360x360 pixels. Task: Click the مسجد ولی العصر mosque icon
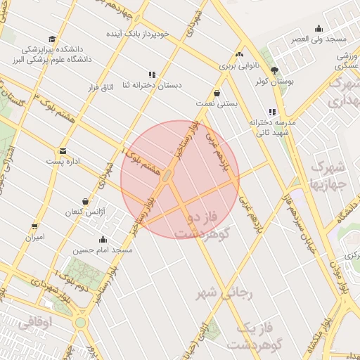(x=319, y=29)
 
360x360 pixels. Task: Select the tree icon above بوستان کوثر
(x=274, y=70)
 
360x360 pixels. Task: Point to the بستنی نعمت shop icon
(x=217, y=92)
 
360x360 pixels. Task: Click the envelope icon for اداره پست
(x=63, y=151)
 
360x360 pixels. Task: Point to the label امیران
(x=34, y=238)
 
